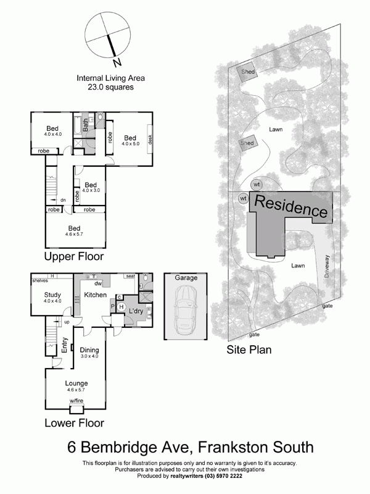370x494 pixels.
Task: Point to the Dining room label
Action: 89,350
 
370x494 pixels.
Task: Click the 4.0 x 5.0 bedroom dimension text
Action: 130,144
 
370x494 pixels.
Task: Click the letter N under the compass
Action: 116,62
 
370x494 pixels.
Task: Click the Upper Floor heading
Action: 73,256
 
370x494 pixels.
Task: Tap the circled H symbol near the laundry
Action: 121,307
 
